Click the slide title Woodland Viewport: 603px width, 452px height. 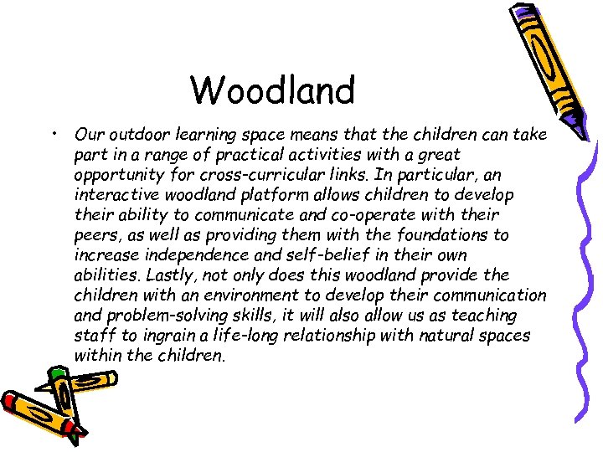click(272, 90)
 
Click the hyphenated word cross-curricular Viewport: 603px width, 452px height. click(245, 174)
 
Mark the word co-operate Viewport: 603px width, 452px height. click(358, 215)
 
